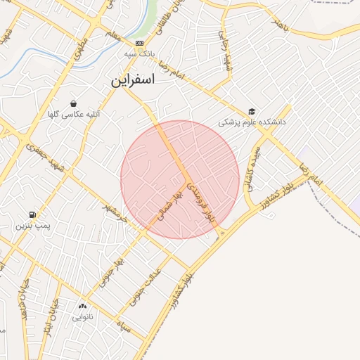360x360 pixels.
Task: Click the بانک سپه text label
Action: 139,54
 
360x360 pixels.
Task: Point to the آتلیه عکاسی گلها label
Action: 73,114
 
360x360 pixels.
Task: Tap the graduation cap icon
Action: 252,111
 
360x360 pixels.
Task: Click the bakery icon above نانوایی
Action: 82,306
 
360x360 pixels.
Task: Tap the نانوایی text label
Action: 82,316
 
